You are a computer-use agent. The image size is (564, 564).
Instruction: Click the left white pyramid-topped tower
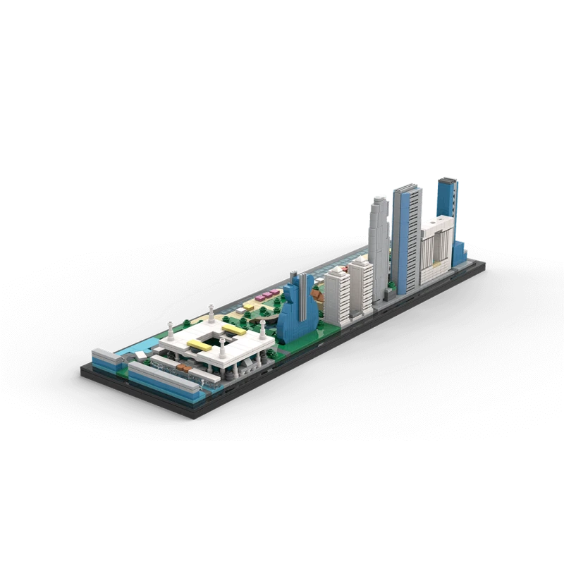coord(338,296)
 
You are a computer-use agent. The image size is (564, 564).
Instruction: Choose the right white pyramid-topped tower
coord(362,286)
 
